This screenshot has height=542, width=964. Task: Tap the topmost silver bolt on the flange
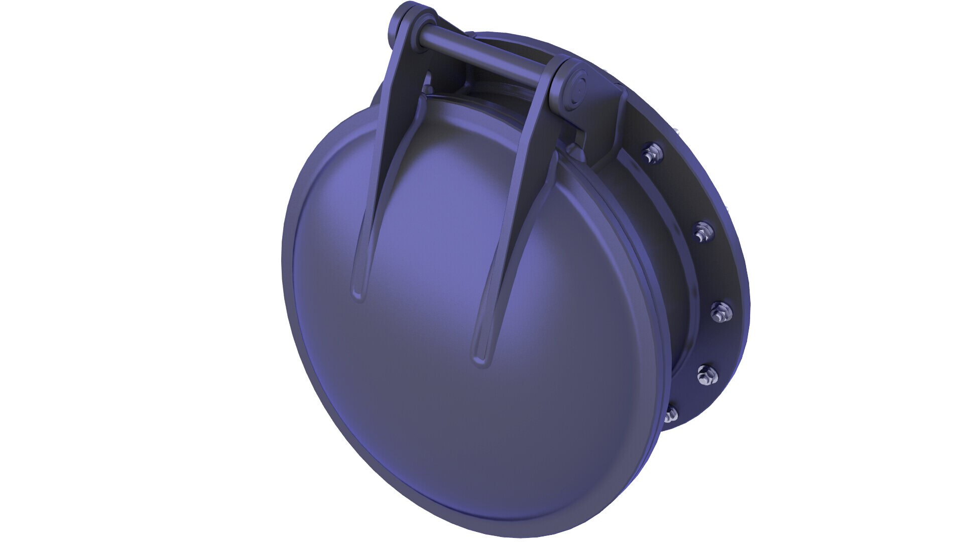click(x=651, y=152)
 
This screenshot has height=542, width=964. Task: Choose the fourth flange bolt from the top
click(x=707, y=374)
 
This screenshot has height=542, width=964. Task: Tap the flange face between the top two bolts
click(x=678, y=191)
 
